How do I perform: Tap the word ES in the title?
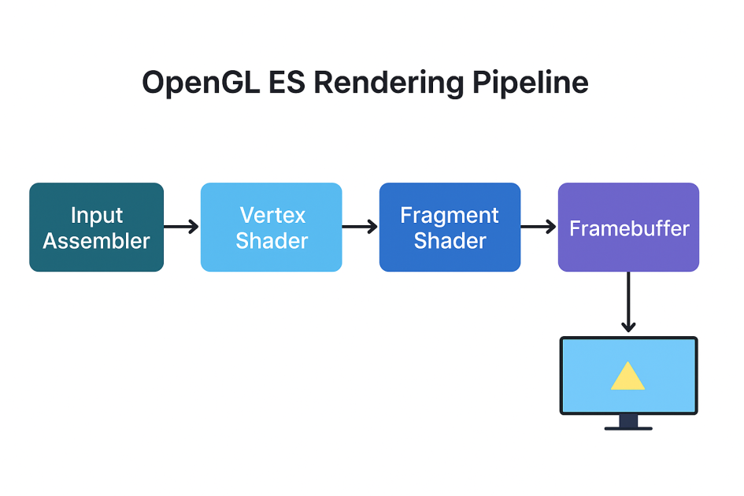[287, 82]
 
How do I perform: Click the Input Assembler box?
[96, 227]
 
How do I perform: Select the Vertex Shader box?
[272, 227]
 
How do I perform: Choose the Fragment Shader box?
[450, 227]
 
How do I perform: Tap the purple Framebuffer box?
[628, 227]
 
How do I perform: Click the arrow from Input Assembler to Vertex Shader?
[181, 227]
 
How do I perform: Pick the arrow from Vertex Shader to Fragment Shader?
[360, 227]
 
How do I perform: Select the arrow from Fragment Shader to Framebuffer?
[538, 227]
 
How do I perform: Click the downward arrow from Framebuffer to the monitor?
[628, 302]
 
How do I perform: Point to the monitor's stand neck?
[628, 420]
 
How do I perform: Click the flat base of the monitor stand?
[628, 428]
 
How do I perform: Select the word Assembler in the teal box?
[96, 241]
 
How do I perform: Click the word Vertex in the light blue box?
[273, 215]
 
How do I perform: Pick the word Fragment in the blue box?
[450, 216]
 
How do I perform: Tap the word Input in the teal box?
[97, 216]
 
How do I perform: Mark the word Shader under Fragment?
[450, 241]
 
